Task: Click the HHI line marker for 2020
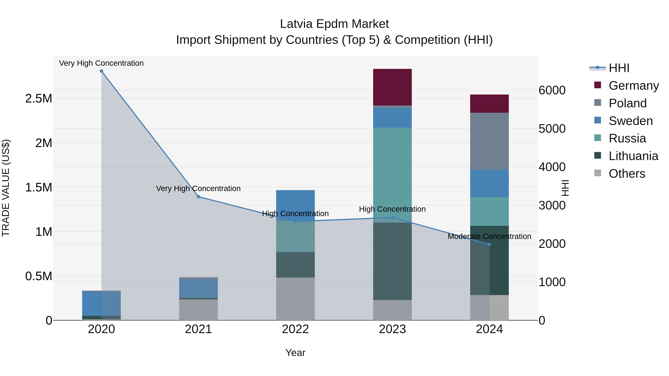coord(101,71)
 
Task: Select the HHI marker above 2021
coord(198,197)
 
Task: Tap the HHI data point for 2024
coord(489,244)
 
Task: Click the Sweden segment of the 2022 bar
coord(295,201)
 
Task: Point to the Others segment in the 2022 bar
coord(295,298)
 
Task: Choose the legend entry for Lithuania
coord(633,156)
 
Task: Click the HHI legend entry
coord(619,68)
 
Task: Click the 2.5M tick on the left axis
coord(38,99)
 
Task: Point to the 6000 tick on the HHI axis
coord(552,90)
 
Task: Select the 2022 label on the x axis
coord(295,329)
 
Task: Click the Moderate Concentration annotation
coord(489,236)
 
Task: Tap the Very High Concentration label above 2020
coord(101,63)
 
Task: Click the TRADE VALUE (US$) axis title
coord(6,188)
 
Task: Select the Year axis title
coord(295,353)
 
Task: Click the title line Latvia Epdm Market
coord(334,24)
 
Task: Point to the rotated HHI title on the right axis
coord(565,188)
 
